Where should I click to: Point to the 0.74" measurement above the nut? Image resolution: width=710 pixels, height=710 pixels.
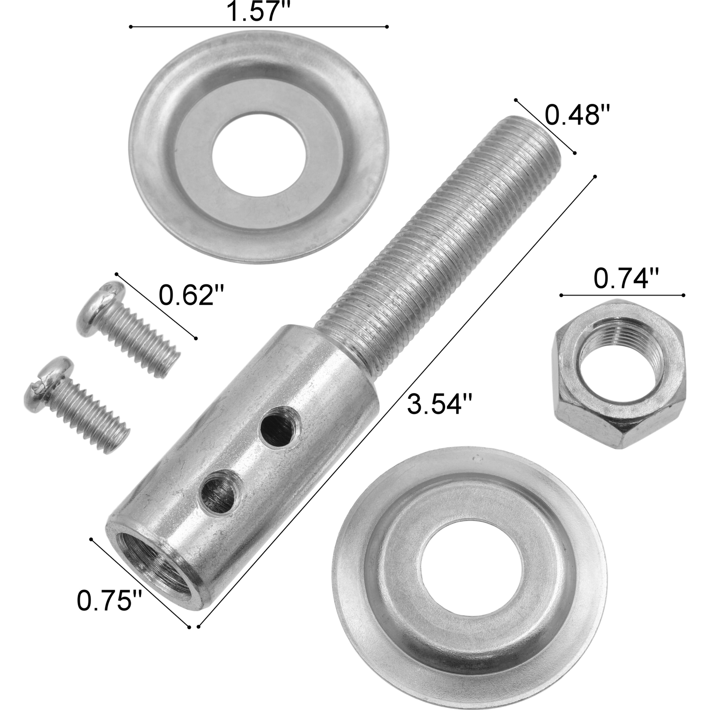[x=626, y=280]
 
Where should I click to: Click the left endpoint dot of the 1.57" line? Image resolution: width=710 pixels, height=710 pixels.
[x=131, y=27]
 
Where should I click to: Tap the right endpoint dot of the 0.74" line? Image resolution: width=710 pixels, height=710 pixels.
[x=683, y=295]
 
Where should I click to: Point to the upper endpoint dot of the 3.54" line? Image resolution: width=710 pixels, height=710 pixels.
[x=595, y=177]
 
